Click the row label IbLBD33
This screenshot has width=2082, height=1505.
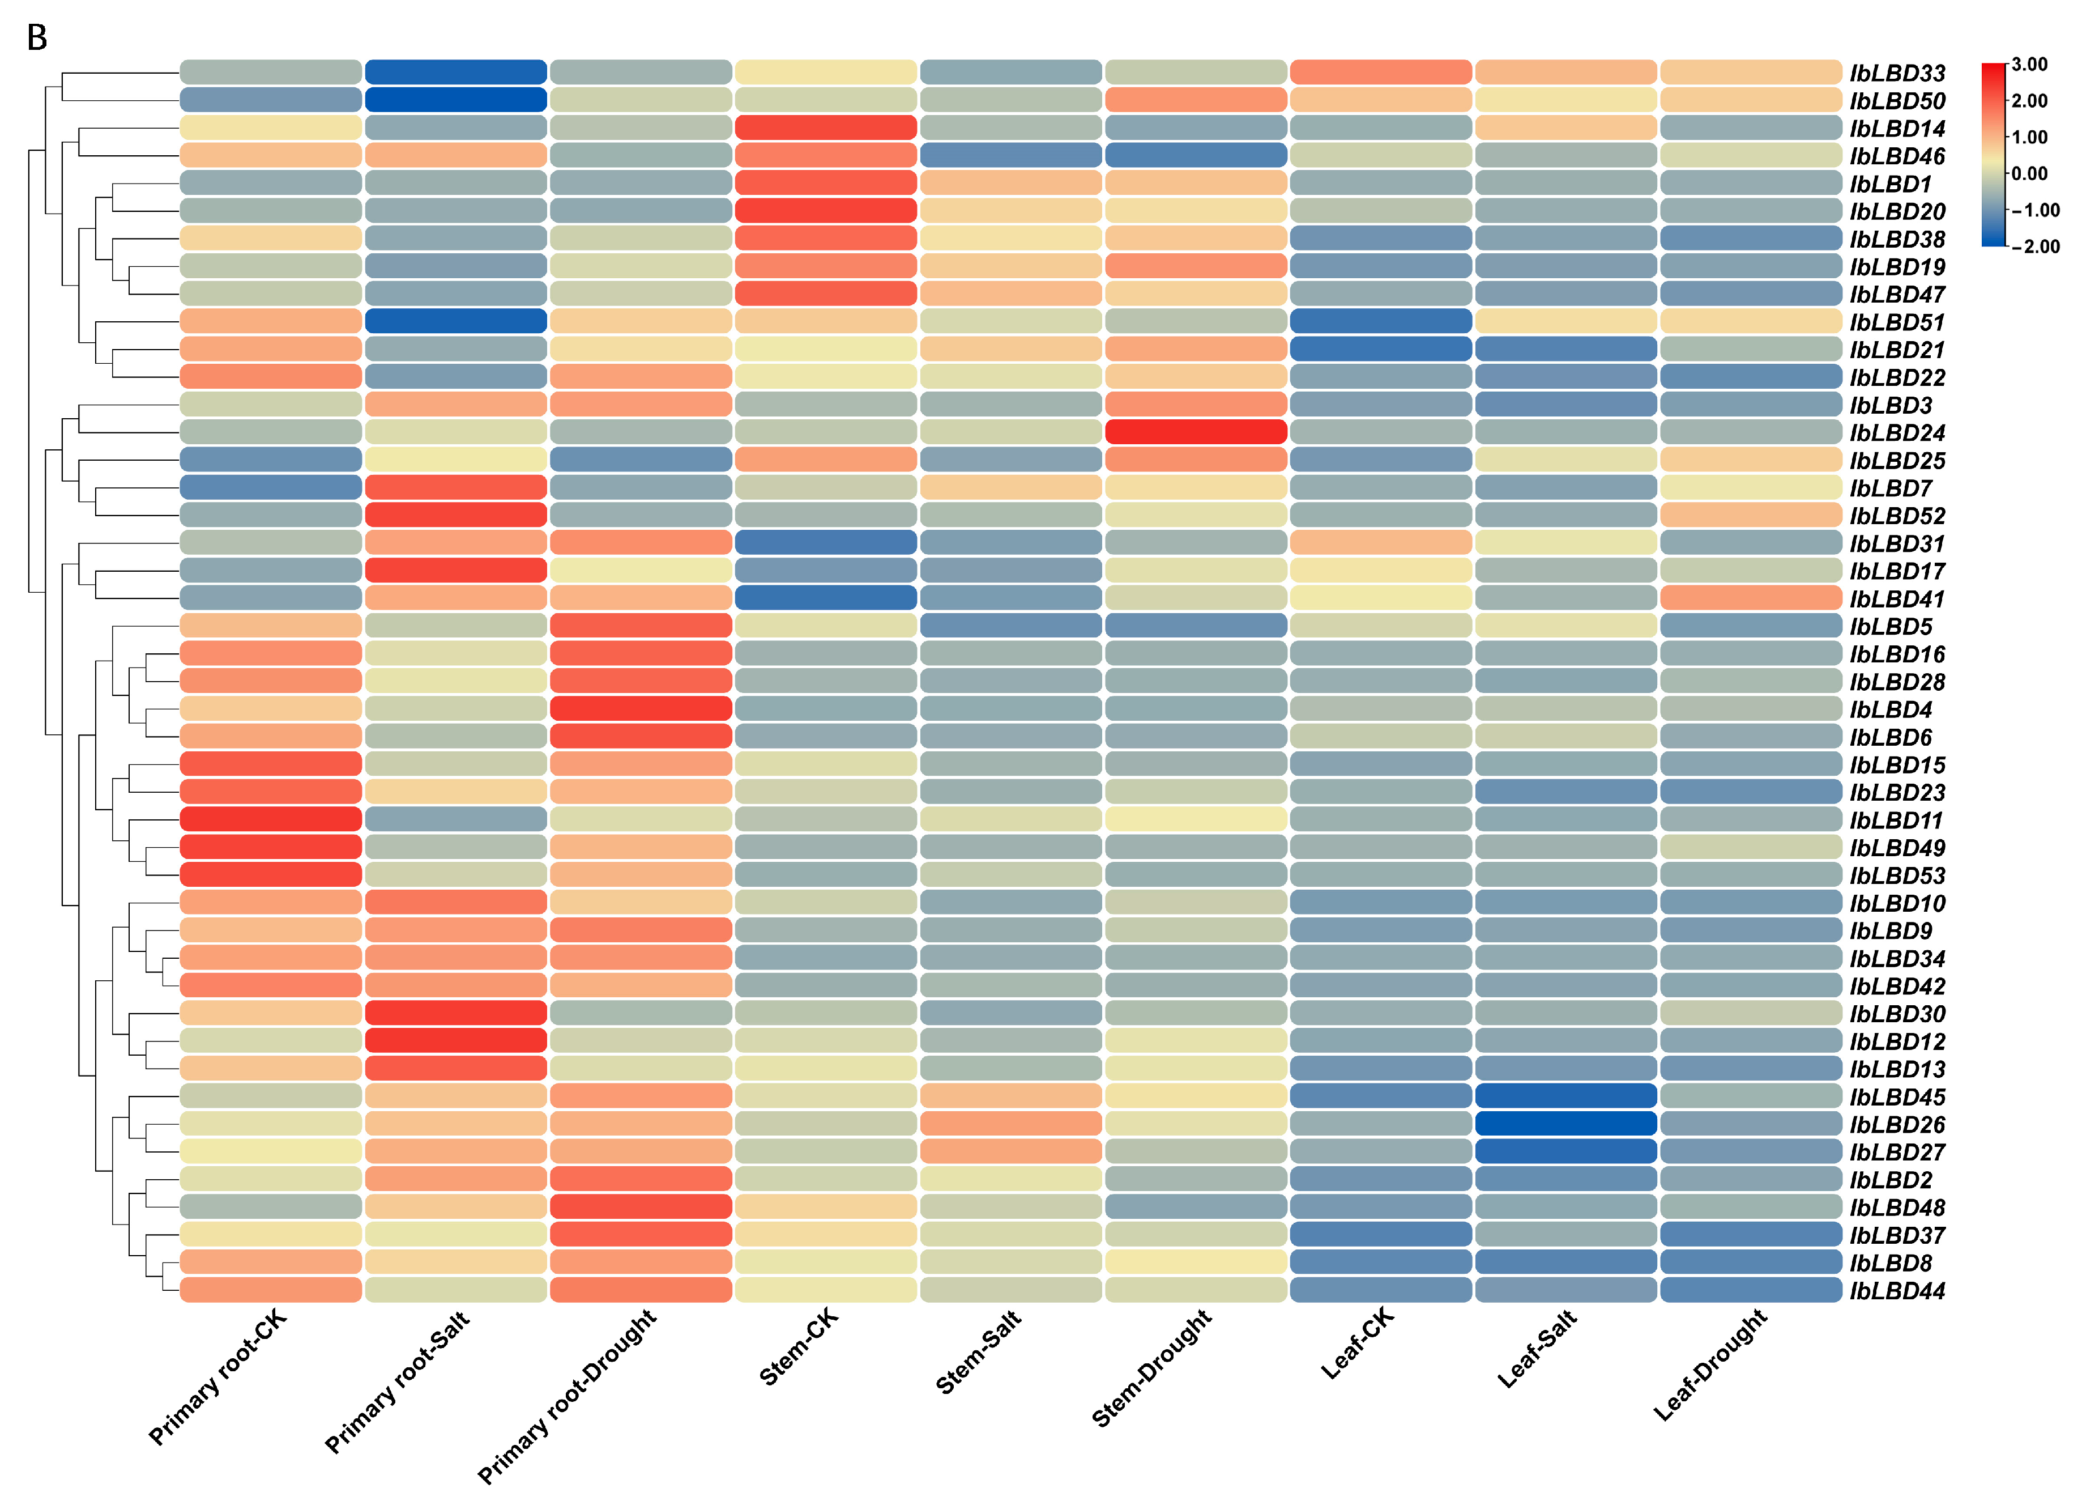1897,73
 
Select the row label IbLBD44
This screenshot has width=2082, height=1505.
1897,1290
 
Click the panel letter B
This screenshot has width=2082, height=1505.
37,37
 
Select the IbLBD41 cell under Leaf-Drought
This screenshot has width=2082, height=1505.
1751,598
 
